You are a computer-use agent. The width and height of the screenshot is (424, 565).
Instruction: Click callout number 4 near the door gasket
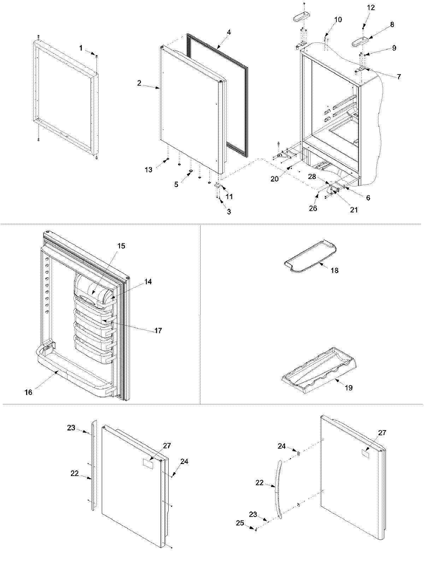[229, 32]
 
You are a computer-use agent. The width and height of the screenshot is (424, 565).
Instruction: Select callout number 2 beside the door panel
[140, 83]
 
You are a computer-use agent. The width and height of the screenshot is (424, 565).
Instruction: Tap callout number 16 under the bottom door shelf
[28, 392]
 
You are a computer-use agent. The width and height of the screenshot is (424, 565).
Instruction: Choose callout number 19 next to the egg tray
[348, 388]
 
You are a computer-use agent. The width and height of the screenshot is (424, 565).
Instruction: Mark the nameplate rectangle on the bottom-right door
[365, 453]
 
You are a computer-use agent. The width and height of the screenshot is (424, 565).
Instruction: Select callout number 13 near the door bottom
[148, 170]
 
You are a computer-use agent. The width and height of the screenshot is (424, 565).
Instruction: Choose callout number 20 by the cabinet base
[275, 179]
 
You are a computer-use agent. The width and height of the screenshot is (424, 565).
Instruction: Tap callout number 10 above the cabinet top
[338, 20]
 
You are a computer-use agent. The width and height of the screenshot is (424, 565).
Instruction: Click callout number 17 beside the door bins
[158, 331]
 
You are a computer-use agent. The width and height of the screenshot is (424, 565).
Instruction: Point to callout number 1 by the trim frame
[81, 48]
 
